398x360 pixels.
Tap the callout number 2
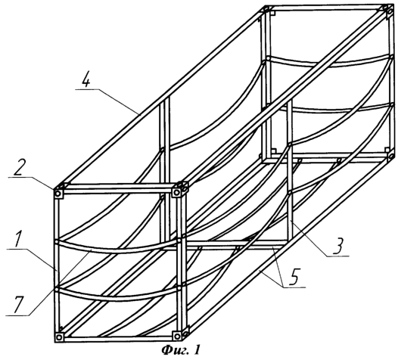(18, 168)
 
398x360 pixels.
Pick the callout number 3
(339, 247)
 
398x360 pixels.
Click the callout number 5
(295, 277)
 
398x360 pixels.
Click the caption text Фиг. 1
(181, 350)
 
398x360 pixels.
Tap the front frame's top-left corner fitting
(58, 194)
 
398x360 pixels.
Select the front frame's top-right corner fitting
(177, 192)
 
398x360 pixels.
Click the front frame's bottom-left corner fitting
(59, 337)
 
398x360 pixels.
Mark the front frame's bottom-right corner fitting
(177, 336)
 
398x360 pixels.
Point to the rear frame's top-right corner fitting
(390, 11)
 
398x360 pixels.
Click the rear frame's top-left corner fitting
(266, 10)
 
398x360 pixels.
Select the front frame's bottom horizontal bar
(118, 338)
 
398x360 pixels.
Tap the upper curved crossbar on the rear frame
(328, 61)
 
